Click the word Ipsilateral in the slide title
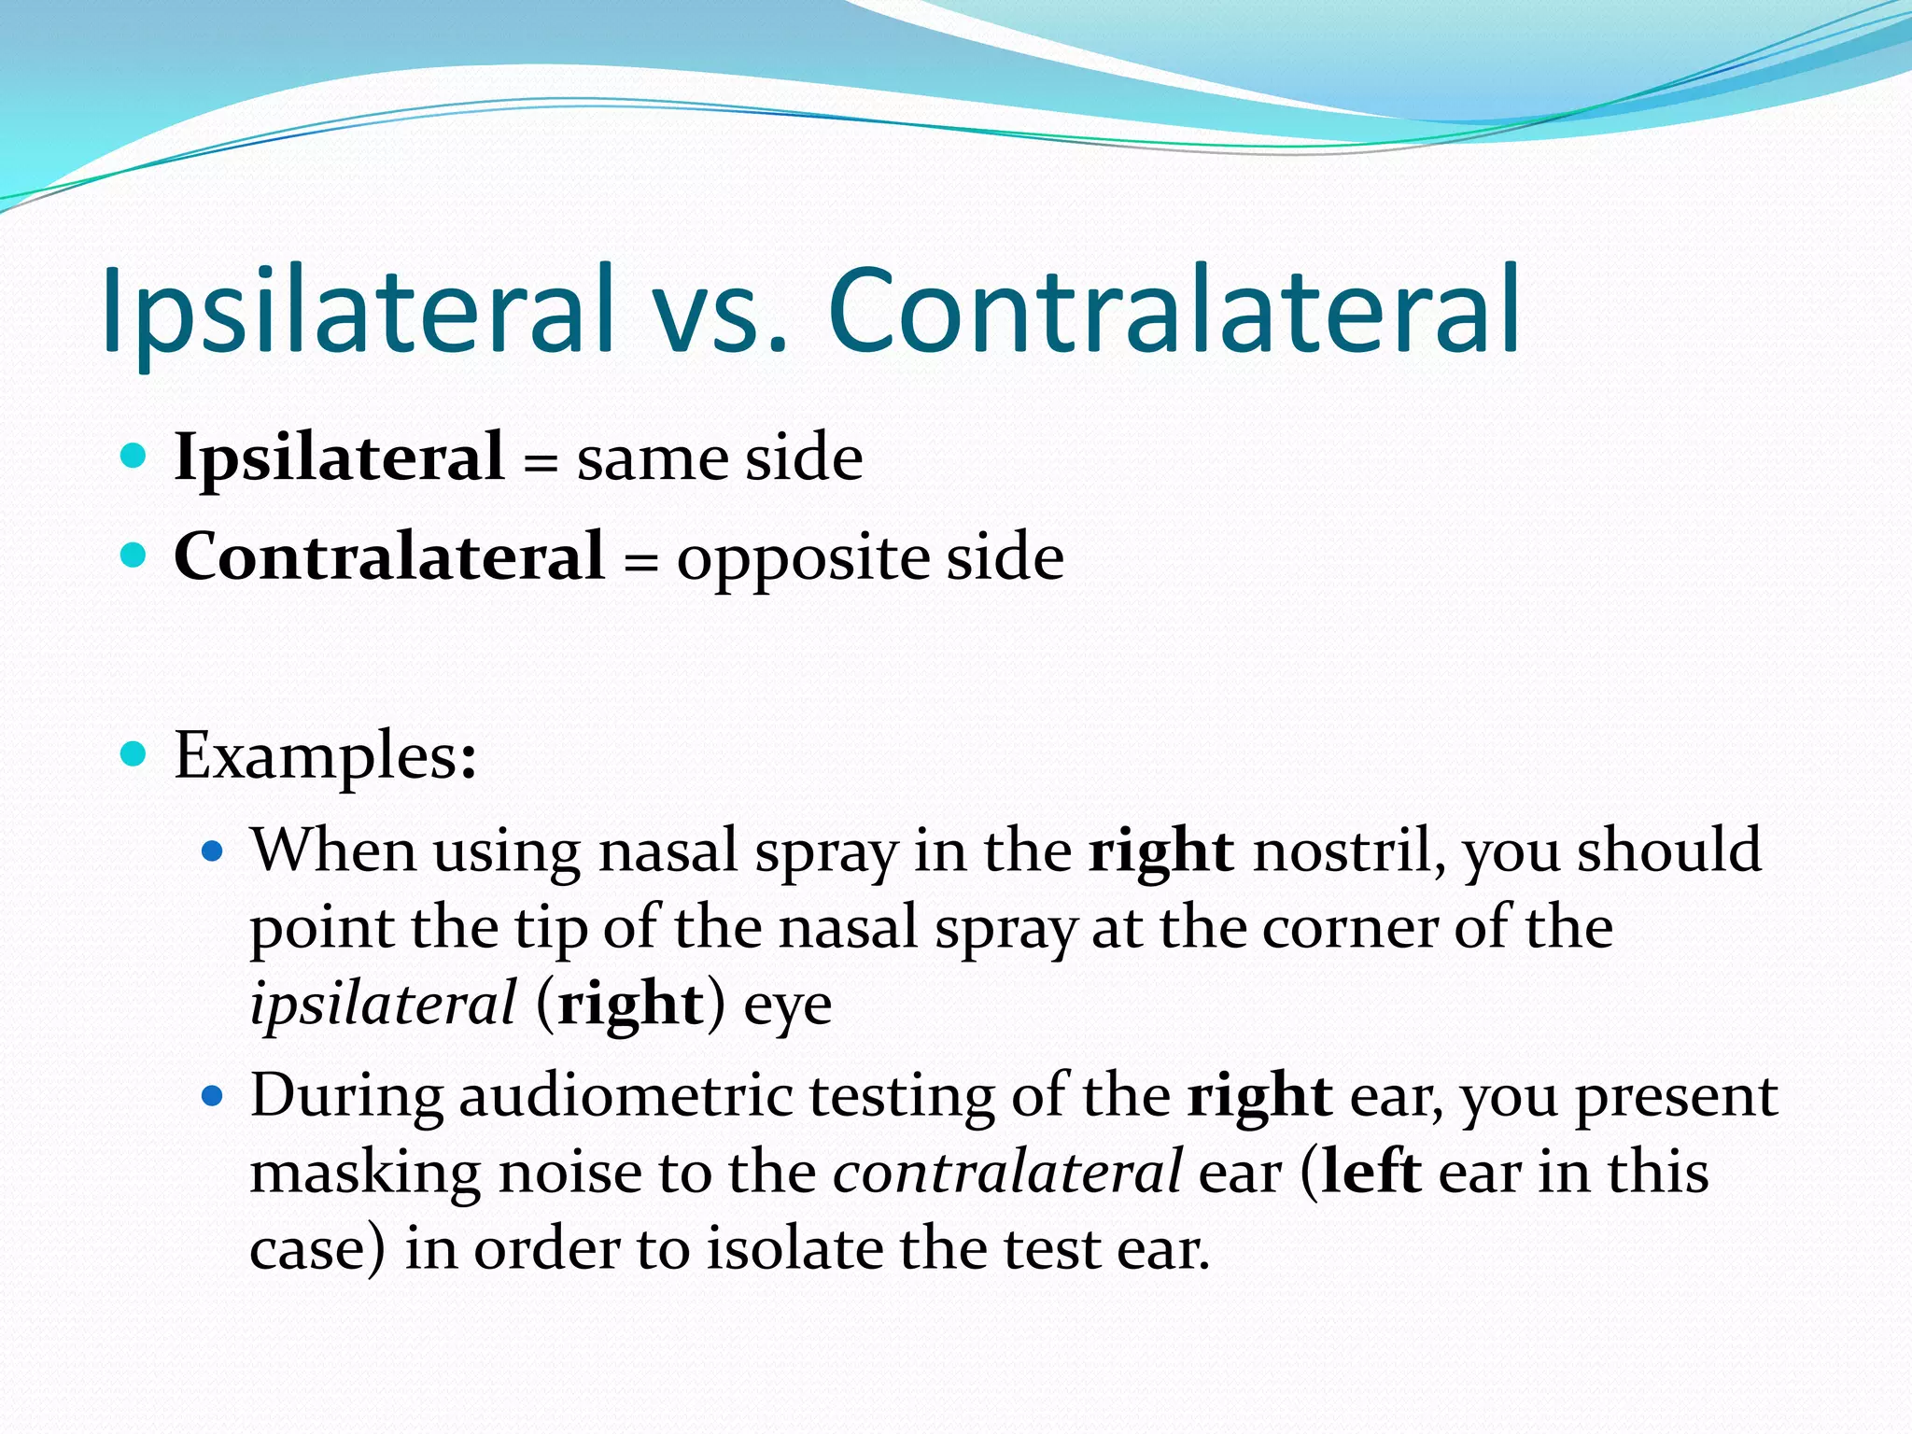click(358, 310)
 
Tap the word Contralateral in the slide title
click(1174, 310)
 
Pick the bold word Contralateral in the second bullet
click(389, 556)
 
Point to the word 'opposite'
click(804, 560)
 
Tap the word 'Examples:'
click(326, 755)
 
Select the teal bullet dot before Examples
click(134, 753)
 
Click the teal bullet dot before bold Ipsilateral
click(134, 456)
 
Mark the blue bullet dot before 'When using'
click(214, 851)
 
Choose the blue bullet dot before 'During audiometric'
click(214, 1095)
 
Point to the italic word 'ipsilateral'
click(383, 1005)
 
